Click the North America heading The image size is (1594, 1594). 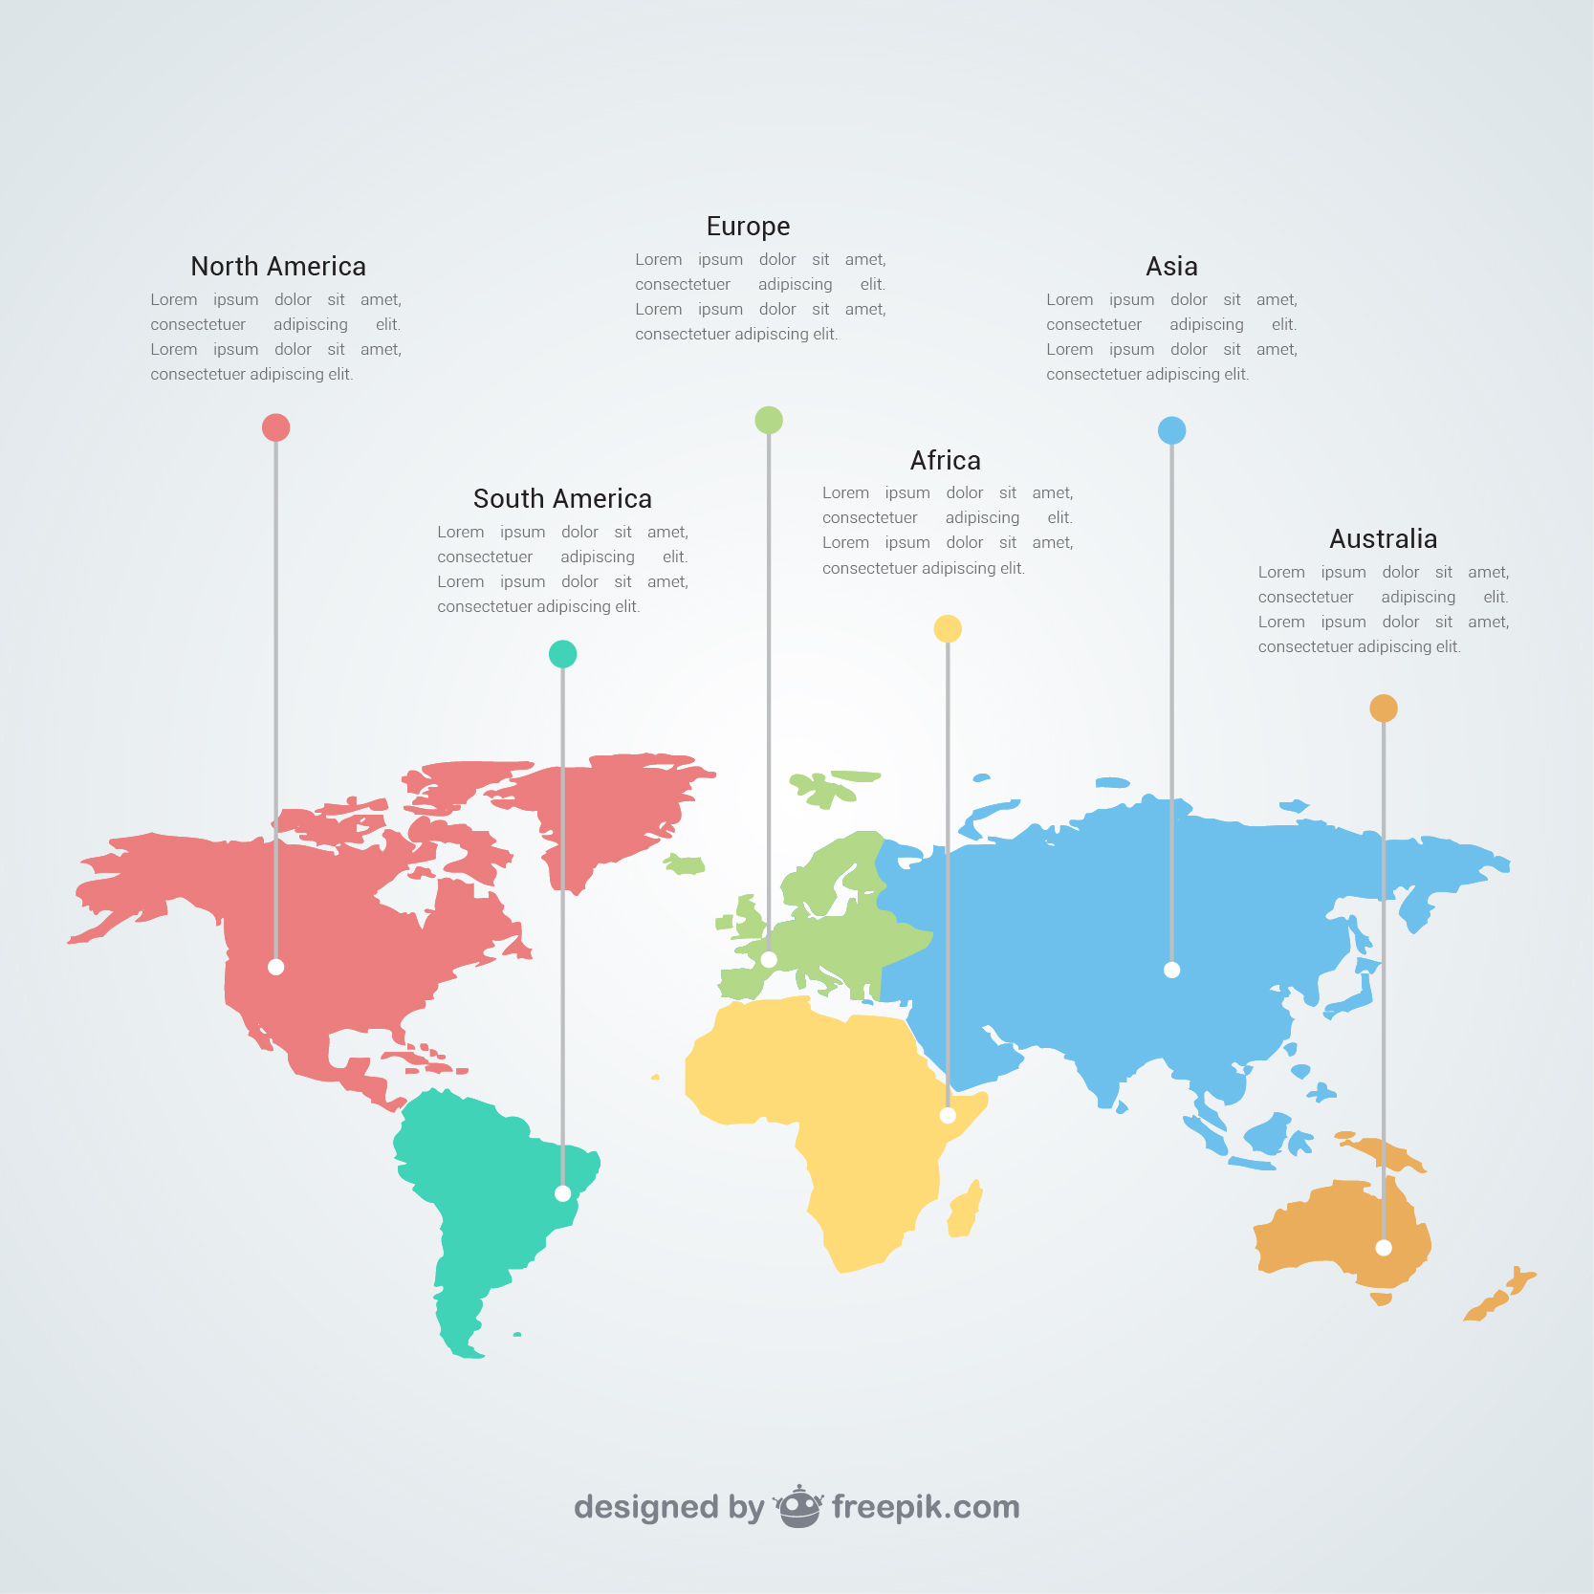point(278,267)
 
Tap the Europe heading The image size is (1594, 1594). point(748,227)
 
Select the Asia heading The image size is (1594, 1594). point(1171,267)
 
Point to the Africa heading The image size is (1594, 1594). point(945,461)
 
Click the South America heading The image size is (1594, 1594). point(562,499)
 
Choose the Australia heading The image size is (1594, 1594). point(1383,539)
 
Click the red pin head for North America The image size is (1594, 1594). point(275,427)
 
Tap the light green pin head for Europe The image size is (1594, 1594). point(769,420)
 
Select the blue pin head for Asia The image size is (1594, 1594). point(1171,430)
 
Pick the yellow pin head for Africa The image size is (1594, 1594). point(948,628)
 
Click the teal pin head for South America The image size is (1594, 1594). point(562,654)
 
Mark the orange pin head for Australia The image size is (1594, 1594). point(1384,709)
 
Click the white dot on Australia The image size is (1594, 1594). point(1384,1248)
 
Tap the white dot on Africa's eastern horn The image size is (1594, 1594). point(948,1116)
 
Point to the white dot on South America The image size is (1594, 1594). point(562,1193)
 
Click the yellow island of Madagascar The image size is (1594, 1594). point(965,1211)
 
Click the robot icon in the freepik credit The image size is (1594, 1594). point(798,1507)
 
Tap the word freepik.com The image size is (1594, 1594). point(926,1507)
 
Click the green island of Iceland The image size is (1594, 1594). point(684,865)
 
